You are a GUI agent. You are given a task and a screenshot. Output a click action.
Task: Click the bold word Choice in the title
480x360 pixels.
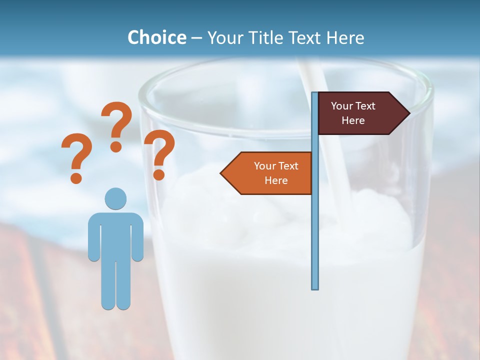(156, 37)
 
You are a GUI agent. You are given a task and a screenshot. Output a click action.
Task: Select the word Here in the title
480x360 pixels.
(345, 37)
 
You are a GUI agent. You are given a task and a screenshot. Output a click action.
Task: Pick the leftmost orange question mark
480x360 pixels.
(76, 155)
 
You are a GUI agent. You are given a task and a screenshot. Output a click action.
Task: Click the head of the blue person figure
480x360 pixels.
(115, 199)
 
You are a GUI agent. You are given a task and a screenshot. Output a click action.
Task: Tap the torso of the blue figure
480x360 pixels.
(115, 235)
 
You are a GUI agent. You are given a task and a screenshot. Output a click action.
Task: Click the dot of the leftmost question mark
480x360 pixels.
(76, 177)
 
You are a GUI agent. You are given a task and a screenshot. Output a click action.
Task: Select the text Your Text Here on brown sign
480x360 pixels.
(353, 113)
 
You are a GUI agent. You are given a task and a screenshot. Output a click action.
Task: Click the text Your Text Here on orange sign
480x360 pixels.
(276, 173)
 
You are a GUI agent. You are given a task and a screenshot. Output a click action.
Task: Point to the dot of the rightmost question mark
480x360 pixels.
(158, 174)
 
